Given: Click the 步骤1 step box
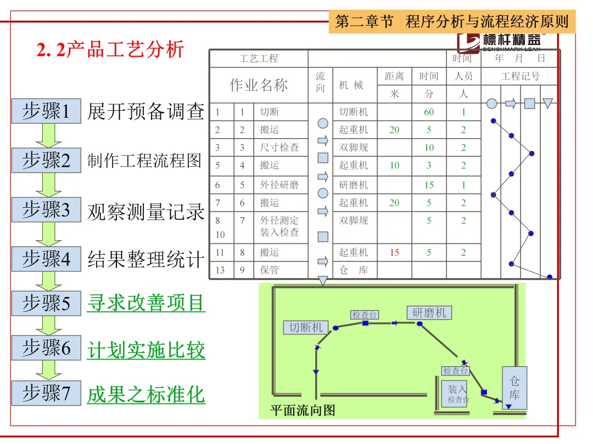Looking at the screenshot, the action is coord(46,111).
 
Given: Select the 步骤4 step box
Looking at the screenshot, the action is coord(46,259).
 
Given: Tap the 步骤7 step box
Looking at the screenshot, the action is coord(46,393).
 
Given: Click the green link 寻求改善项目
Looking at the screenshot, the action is coord(146,303).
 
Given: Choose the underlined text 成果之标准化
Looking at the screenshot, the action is coord(146,395).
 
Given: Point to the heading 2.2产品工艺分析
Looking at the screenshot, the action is coord(110,50).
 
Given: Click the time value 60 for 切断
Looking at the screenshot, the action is coord(429,112).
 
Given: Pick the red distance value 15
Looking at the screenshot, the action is coord(394,253).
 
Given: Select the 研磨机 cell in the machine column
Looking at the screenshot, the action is coord(354,185).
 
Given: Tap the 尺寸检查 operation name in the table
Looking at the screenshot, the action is coord(279,147).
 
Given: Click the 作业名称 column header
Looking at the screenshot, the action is coord(259,85).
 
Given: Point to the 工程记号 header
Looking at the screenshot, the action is coord(520,77).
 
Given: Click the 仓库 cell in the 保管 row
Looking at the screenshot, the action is coord(354,270).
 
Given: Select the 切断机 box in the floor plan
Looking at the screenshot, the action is coord(305,328).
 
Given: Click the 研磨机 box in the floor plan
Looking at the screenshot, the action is coord(429,313).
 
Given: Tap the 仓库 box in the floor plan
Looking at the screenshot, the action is coord(514,387).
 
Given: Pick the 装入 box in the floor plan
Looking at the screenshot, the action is coord(457,393).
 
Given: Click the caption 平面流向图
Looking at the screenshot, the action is coord(303,410).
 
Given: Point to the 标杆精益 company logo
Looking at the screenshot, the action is coord(500,42).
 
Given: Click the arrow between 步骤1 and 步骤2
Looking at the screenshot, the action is coord(48,135).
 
